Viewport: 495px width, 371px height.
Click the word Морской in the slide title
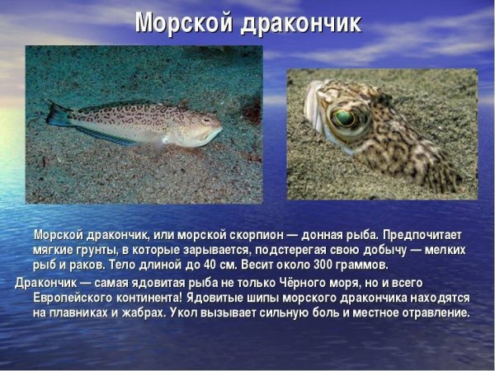click(181, 23)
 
